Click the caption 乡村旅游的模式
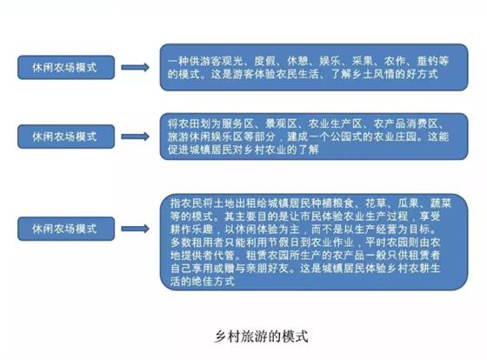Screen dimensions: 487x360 (x=262, y=337)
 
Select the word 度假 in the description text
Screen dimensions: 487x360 (x=264, y=61)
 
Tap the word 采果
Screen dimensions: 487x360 (x=363, y=61)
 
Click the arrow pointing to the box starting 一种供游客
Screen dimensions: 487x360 (x=135, y=68)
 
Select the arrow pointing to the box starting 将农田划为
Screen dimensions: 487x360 (x=135, y=137)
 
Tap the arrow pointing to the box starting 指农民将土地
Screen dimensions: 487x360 (x=135, y=229)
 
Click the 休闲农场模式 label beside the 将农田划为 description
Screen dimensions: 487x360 (x=66, y=137)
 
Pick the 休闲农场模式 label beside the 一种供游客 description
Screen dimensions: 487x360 (x=66, y=68)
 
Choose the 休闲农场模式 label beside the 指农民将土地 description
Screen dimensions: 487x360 (x=66, y=229)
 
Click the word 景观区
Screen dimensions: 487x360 (x=282, y=123)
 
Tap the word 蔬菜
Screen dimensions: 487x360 (x=441, y=203)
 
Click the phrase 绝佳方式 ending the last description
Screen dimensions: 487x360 (x=213, y=281)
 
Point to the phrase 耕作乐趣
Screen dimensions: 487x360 (x=191, y=229)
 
